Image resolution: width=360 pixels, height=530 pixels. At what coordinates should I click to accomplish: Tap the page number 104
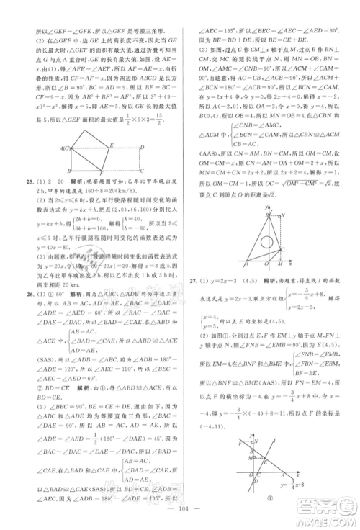pos(180,517)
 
